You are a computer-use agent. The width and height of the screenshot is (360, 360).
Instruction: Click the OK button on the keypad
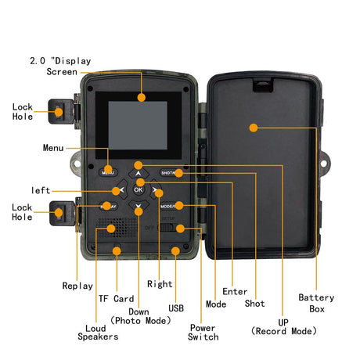tap(139, 189)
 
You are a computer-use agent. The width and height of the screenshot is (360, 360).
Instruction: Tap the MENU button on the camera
tap(107, 171)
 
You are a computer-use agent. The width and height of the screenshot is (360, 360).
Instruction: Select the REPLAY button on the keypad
tap(107, 206)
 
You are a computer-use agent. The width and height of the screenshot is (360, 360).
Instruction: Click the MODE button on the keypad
tap(171, 206)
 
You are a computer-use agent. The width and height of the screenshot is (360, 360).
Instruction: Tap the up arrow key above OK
tap(139, 172)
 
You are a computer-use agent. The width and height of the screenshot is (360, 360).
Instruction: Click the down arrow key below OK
tap(139, 207)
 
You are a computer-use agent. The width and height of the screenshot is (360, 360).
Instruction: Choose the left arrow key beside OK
tap(121, 189)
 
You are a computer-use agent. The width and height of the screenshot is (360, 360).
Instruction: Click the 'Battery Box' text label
tap(316, 303)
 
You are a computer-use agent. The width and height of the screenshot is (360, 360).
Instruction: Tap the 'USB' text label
tap(176, 308)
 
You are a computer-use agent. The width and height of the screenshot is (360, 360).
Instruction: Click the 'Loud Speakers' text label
tap(97, 332)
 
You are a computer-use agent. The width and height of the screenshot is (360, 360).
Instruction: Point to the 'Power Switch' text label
tap(203, 332)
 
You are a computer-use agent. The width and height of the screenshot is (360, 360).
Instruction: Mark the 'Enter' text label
tap(235, 291)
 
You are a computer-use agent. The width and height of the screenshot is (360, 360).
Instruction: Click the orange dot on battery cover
tap(253, 127)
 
